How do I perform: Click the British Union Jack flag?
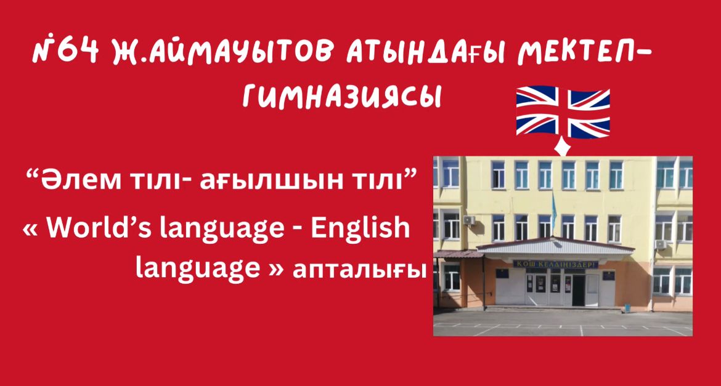(x=563, y=111)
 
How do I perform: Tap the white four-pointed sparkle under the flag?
(x=563, y=147)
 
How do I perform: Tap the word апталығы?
(x=357, y=271)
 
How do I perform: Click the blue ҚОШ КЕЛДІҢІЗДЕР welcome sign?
(x=555, y=263)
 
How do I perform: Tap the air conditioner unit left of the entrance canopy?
(x=469, y=220)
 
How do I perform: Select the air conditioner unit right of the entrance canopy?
(x=661, y=244)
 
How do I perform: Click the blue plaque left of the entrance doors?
(x=502, y=273)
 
